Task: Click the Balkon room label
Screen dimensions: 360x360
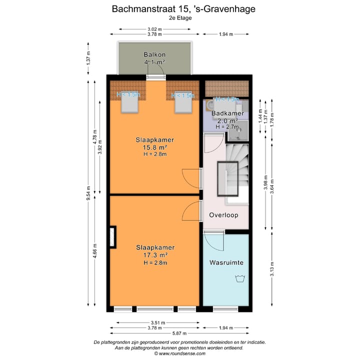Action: pos(154,54)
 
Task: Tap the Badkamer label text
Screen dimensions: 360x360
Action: pos(227,113)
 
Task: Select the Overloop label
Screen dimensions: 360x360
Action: pos(223,215)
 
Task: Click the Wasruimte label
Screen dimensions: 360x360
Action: pos(226,262)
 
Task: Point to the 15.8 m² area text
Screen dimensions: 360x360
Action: pos(154,147)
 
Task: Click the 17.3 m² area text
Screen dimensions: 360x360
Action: pos(154,255)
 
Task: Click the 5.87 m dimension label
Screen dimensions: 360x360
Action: pos(179,333)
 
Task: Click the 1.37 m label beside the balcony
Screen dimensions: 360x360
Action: pos(88,59)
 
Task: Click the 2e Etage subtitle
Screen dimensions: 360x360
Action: pos(180,17)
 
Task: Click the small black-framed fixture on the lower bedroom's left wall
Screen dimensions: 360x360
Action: pos(113,237)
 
